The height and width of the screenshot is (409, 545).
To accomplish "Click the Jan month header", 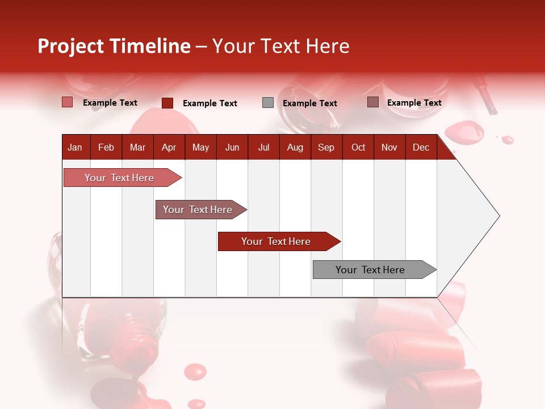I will (75, 147).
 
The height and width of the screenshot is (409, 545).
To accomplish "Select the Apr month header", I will (169, 147).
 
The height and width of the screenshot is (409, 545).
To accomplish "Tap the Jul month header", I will (263, 147).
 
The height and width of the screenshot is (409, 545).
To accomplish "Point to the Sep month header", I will (326, 147).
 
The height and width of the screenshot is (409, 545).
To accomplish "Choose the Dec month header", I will (421, 147).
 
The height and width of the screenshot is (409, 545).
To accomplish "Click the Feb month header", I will (106, 147).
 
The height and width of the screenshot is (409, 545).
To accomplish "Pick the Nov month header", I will (389, 147).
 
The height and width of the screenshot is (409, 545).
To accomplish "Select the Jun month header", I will (232, 147).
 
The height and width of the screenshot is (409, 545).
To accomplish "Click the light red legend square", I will (68, 102).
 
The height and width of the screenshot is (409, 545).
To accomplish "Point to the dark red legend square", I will (167, 103).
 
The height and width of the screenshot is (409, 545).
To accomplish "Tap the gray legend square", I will (268, 103).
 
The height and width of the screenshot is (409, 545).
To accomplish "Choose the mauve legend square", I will (372, 102).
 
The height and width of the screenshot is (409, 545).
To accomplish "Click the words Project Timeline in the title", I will (114, 46).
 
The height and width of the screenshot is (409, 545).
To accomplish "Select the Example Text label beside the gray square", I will (310, 103).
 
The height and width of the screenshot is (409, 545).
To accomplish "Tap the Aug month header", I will (295, 147).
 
